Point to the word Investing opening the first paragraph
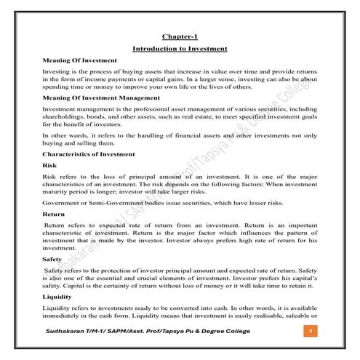point(59,73)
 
